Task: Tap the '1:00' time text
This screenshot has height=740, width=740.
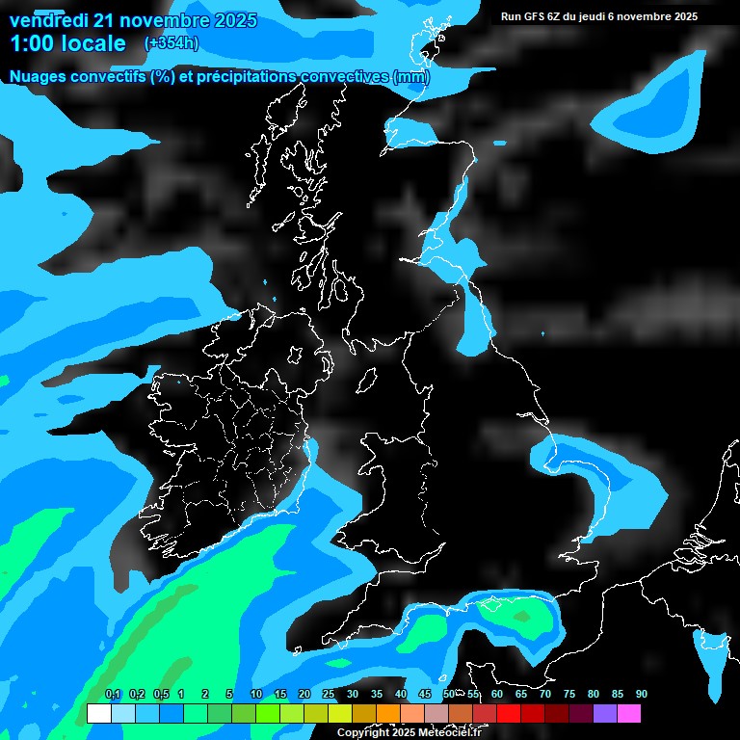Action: [x=34, y=43]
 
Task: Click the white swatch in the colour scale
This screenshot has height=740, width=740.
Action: [x=98, y=714]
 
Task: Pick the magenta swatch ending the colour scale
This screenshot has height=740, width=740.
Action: [x=628, y=714]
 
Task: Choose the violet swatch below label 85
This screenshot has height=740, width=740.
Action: [x=604, y=714]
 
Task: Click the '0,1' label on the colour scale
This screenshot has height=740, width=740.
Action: [x=113, y=695]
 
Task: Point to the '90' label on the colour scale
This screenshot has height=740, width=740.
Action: [x=641, y=695]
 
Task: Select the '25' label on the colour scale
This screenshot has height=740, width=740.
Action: [x=328, y=695]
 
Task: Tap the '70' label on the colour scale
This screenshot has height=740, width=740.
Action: [x=544, y=695]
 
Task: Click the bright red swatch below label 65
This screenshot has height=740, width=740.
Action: [x=508, y=714]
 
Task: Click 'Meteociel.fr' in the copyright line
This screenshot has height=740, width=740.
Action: [x=449, y=733]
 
